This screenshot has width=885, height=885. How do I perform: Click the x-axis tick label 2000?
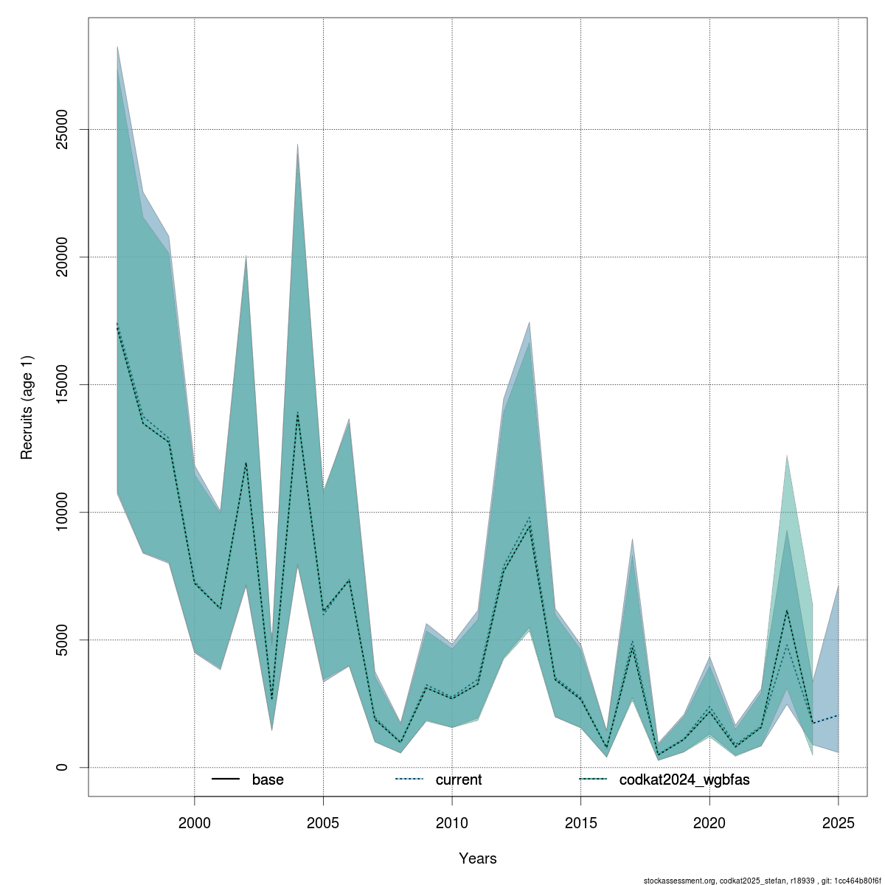[x=194, y=822]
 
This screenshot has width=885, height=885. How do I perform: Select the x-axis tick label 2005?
[x=323, y=822]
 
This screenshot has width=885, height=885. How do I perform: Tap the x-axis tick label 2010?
[x=452, y=822]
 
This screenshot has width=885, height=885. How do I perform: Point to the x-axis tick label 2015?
[x=581, y=822]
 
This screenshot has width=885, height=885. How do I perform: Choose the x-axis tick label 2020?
[x=709, y=822]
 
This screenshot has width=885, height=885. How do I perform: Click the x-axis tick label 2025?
[x=839, y=822]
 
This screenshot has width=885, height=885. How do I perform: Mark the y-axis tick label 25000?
[x=63, y=129]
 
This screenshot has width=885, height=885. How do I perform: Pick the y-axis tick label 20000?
[x=63, y=257]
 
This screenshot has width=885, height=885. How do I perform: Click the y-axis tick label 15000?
[x=63, y=384]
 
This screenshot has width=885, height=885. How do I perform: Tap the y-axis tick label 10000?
[x=63, y=512]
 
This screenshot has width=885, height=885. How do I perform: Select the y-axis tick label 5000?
[x=63, y=639]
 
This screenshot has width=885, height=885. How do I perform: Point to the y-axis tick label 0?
[x=63, y=767]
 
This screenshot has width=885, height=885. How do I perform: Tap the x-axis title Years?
[x=478, y=858]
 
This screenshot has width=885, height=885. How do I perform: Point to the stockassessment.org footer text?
[x=763, y=881]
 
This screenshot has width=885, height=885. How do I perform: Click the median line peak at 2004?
[x=297, y=412]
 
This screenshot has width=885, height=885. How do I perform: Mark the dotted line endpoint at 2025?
[x=839, y=715]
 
